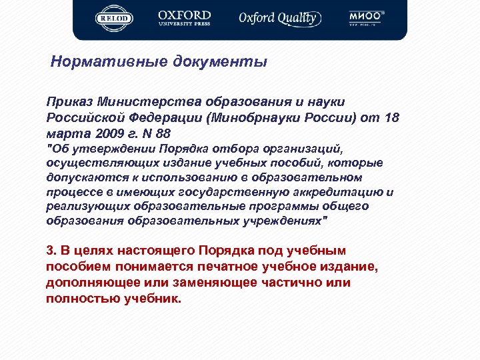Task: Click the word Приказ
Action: coord(69,102)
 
